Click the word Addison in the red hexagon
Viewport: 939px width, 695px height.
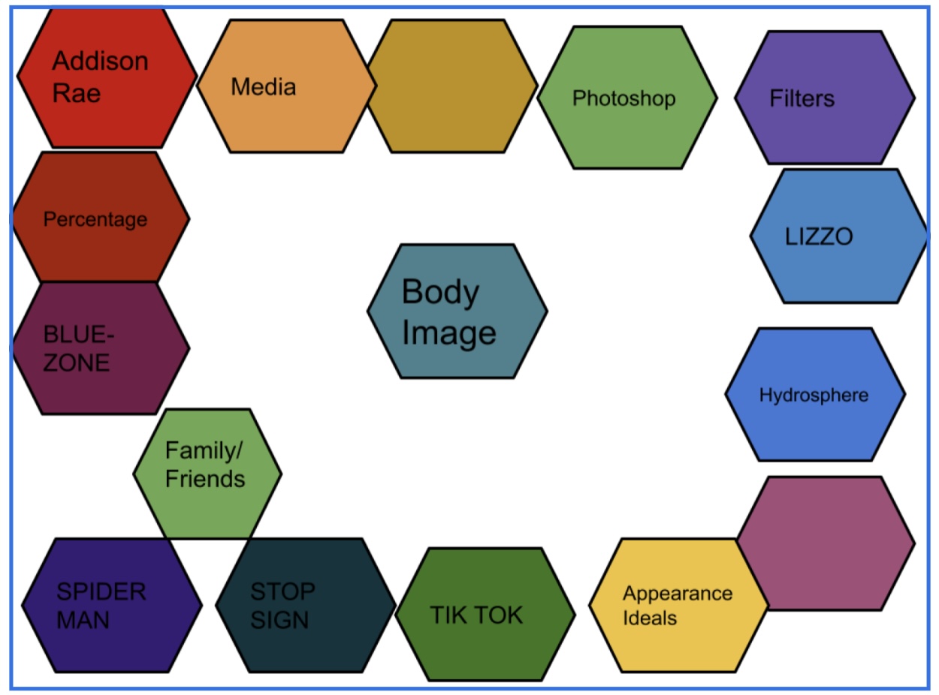point(100,61)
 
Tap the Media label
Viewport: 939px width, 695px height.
point(263,87)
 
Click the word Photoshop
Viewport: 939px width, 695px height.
point(623,98)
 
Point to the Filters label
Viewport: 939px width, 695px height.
point(802,98)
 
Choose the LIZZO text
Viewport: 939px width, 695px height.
point(819,237)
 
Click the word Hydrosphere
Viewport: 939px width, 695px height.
point(814,396)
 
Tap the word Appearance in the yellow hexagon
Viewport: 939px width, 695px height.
point(677,594)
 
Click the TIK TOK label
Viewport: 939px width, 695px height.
point(476,615)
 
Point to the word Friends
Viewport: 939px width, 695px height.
point(204,479)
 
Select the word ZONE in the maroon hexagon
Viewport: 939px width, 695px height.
point(76,363)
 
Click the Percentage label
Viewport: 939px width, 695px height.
point(95,220)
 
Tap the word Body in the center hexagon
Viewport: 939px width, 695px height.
point(440,291)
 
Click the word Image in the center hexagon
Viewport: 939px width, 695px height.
point(449,332)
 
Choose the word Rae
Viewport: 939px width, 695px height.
point(76,93)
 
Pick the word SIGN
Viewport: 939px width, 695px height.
point(279,620)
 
